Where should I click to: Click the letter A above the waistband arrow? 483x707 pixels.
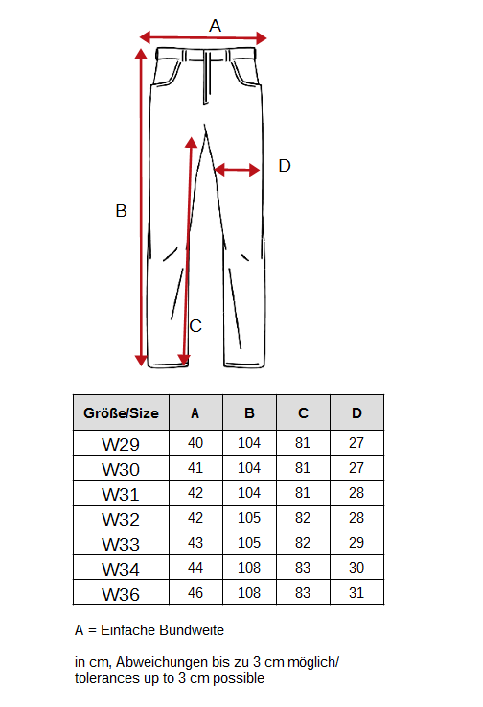tap(215, 26)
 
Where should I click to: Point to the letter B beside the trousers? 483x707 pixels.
tap(121, 211)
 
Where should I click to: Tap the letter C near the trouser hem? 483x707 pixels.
tap(195, 325)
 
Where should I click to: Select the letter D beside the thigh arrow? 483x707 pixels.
tap(285, 165)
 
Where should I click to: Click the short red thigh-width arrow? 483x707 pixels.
tap(238, 170)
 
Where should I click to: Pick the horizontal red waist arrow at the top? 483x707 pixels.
tap(203, 37)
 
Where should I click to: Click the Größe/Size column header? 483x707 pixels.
tap(121, 413)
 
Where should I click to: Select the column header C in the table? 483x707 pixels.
tap(303, 413)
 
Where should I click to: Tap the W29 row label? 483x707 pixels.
tap(121, 444)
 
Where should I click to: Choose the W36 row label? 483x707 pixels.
tap(121, 594)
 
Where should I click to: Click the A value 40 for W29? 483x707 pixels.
tap(195, 443)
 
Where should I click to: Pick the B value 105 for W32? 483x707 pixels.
tap(249, 518)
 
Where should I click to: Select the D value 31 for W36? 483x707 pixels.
tap(356, 593)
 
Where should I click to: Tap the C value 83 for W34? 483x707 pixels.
tap(303, 568)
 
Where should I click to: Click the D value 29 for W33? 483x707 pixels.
tap(356, 542)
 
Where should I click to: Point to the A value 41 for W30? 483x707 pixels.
tap(195, 468)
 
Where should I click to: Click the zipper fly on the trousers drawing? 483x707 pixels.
tap(207, 77)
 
